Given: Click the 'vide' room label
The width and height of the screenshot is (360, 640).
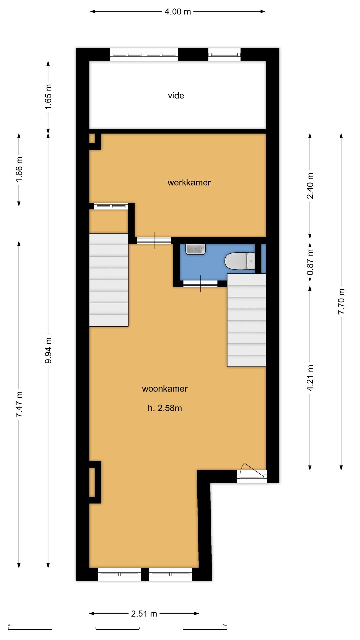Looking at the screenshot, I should click(x=176, y=96).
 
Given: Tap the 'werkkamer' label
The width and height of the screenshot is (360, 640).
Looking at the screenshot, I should click(x=189, y=183).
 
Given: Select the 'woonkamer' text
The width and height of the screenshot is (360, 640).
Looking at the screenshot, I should click(x=165, y=389).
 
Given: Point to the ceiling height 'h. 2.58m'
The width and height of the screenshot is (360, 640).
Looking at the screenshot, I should click(x=165, y=408).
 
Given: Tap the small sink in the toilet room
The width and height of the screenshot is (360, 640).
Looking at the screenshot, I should click(x=195, y=249).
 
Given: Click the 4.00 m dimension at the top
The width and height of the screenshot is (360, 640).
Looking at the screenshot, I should click(x=178, y=12).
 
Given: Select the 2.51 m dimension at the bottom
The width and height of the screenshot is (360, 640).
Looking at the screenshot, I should click(x=144, y=614).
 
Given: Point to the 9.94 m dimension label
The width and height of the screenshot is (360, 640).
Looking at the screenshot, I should click(x=48, y=350).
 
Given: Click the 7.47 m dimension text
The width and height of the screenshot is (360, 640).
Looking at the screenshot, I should click(x=19, y=404).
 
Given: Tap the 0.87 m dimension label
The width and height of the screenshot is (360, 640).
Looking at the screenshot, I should click(x=310, y=262).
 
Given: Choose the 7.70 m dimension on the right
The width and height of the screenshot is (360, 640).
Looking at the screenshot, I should click(x=341, y=301).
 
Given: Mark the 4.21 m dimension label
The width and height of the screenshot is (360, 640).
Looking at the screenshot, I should click(x=310, y=378).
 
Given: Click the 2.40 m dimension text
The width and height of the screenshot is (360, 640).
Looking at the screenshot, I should click(x=310, y=186).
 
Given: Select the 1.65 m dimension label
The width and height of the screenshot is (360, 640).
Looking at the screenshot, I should click(x=48, y=97).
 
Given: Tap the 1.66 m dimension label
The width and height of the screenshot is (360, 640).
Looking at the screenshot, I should click(x=19, y=170).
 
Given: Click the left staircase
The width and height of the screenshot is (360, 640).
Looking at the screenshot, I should click(x=109, y=280).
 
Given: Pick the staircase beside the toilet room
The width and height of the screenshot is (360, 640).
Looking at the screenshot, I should click(x=247, y=320).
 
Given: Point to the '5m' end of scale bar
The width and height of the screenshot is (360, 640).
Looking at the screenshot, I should click(x=225, y=625).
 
